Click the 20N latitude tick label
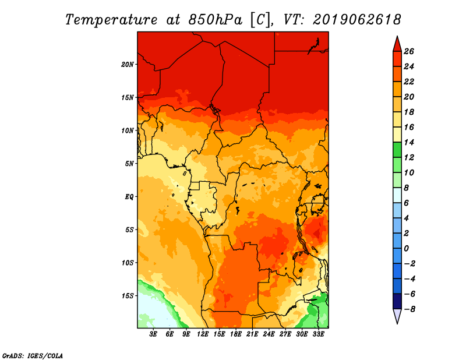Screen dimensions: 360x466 pyautogui.click(x=128, y=64)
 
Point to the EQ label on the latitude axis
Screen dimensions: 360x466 pyautogui.click(x=129, y=196)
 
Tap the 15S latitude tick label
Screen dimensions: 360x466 pyautogui.click(x=128, y=296)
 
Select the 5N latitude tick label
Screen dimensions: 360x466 pyautogui.click(x=129, y=164)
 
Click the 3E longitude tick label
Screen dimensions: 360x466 pyautogui.click(x=154, y=334)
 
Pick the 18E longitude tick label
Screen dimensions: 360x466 pyautogui.click(x=236, y=334)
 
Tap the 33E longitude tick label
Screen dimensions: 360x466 pyautogui.click(x=319, y=334)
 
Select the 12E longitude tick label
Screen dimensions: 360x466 pyautogui.click(x=203, y=334)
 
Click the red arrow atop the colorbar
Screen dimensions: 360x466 pyautogui.click(x=397, y=43)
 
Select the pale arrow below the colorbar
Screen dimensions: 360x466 pyautogui.click(x=397, y=316)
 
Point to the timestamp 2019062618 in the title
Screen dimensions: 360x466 pyautogui.click(x=356, y=19)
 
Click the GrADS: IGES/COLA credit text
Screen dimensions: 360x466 pyautogui.click(x=32, y=355)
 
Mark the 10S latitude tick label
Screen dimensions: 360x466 pyautogui.click(x=128, y=263)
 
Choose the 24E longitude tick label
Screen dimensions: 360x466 pyautogui.click(x=269, y=334)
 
